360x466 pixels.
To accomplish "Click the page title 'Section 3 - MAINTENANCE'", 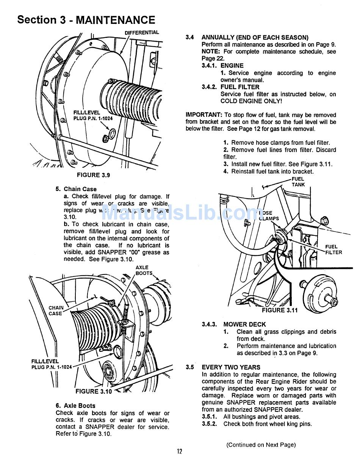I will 86,20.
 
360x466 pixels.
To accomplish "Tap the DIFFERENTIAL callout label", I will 142,33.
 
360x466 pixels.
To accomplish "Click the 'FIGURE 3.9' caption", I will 93,175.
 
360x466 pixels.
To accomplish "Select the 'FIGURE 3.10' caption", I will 94,391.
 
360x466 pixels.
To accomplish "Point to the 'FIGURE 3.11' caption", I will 280,310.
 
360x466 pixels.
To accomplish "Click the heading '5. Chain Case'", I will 76,189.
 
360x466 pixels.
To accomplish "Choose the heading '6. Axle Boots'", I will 75,405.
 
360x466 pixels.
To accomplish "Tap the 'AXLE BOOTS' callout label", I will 143,270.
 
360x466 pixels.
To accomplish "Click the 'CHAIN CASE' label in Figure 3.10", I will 56,311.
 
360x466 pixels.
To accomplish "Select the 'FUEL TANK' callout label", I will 298,182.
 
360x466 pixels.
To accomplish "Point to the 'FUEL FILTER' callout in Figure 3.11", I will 333,249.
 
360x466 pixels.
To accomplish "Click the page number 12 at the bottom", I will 179,451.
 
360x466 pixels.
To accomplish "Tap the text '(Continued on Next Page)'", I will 261,445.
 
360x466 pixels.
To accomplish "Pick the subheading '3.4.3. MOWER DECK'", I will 234,324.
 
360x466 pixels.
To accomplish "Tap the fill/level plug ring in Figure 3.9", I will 113,133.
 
